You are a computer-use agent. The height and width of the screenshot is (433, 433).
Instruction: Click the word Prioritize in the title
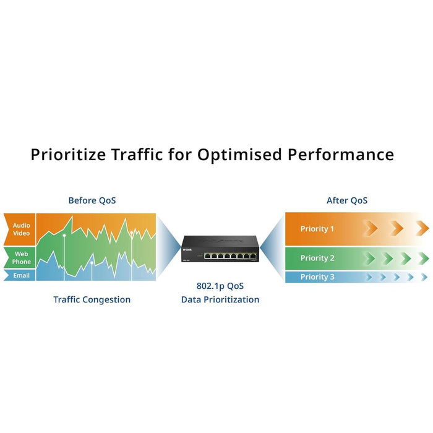[x=68, y=155]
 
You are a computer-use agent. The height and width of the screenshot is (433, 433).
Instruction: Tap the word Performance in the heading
[x=340, y=154]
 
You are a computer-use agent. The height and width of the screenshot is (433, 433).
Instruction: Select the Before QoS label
[x=92, y=200]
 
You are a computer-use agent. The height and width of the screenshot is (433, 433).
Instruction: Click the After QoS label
[x=347, y=200]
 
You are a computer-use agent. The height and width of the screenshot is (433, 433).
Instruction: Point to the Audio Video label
[x=21, y=229]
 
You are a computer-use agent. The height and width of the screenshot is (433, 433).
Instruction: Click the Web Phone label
[x=21, y=257]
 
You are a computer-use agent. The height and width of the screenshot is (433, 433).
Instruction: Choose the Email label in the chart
[x=21, y=275]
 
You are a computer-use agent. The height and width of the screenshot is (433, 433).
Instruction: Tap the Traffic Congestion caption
[x=92, y=299]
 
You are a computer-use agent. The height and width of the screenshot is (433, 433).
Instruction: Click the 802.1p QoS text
[x=220, y=286]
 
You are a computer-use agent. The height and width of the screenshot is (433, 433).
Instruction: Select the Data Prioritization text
[x=220, y=300]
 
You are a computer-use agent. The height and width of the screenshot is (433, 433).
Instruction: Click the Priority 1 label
[x=317, y=229]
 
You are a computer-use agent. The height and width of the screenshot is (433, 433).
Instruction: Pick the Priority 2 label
[x=317, y=258]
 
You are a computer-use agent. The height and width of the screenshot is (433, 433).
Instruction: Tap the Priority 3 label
[x=317, y=277]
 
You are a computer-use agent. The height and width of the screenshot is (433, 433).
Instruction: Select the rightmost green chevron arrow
[x=424, y=258]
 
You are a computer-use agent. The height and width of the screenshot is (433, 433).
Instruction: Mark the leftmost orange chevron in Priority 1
[x=370, y=228]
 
